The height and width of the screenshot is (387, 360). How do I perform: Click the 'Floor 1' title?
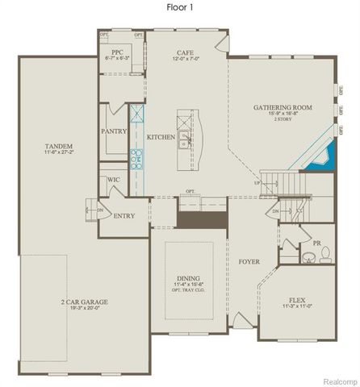[180, 6]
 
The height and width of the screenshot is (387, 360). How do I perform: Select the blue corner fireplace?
[320, 156]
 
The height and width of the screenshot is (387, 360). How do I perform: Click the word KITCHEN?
[161, 138]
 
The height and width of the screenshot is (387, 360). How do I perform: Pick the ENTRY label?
[125, 215]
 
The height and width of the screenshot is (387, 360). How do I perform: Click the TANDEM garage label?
[59, 145]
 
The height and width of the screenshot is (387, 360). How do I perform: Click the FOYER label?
[249, 262]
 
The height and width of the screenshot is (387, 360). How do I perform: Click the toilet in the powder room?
[325, 256]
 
